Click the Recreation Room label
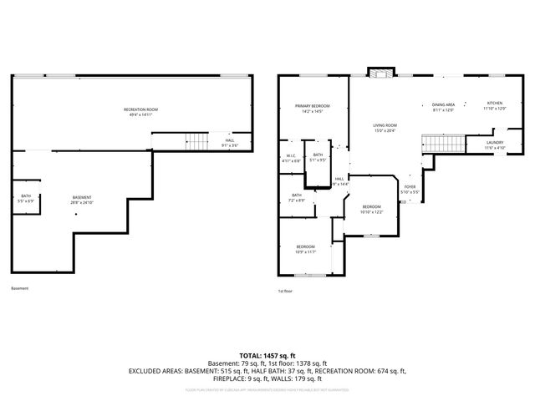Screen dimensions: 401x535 (140, 111)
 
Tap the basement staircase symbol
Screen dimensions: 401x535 (195, 141)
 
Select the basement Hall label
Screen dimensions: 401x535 (229, 141)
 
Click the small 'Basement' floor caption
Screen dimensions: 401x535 (19, 289)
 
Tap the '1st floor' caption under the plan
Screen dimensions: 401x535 (285, 291)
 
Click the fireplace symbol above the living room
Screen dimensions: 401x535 (380, 74)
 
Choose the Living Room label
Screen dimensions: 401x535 (384, 128)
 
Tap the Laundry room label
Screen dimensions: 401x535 (494, 145)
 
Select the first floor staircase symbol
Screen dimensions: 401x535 (441, 144)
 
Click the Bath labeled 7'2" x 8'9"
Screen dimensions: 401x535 (297, 198)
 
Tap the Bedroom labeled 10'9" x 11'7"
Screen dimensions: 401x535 (305, 248)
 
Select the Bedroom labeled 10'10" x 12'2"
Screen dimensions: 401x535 (371, 209)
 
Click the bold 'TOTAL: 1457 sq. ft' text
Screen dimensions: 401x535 (267, 356)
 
